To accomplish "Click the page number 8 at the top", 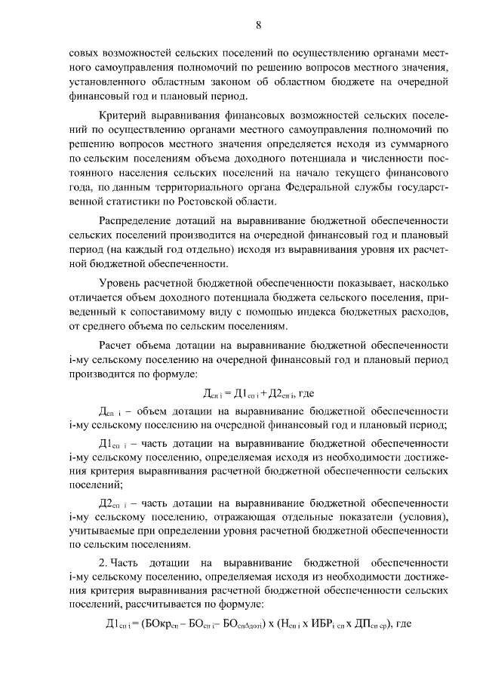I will point(258,26).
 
